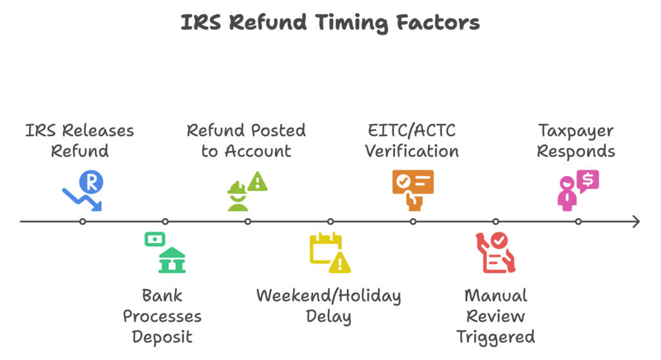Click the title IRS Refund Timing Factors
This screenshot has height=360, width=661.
click(330, 23)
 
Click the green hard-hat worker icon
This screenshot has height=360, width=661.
click(238, 196)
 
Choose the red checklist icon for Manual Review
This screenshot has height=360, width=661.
click(494, 253)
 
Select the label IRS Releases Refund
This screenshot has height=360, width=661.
click(80, 141)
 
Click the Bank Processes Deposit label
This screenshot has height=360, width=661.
click(162, 316)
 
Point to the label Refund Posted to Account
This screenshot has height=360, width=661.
click(246, 141)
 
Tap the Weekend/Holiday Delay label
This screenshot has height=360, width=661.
click(329, 306)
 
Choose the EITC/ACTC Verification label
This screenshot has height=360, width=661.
click(412, 141)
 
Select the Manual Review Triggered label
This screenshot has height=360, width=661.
click(496, 316)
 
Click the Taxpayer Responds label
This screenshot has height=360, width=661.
click(576, 141)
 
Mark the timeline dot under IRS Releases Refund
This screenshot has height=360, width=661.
click(83, 221)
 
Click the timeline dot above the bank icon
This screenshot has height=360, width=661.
click(165, 221)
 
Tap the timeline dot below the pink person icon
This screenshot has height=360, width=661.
click(578, 221)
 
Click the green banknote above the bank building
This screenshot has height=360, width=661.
click(154, 239)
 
